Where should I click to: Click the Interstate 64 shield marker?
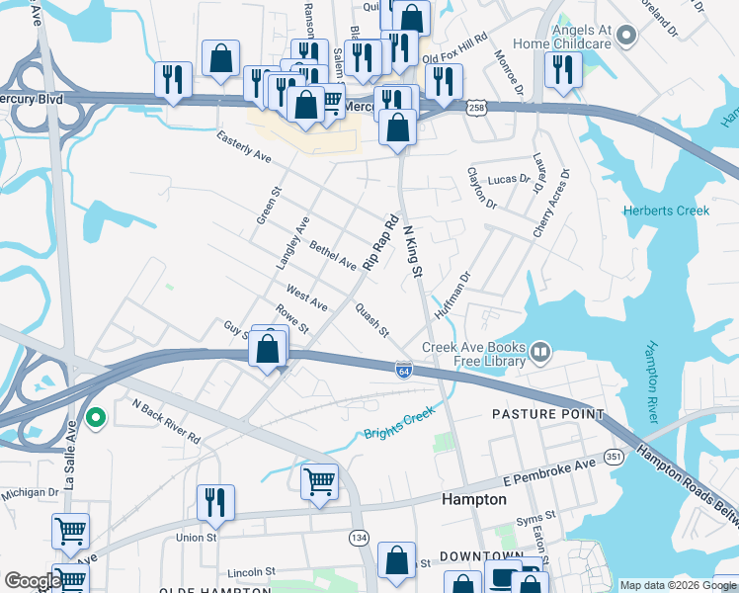tap(404, 369)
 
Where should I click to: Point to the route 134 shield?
tap(358, 536)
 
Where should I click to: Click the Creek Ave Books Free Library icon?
tap(540, 351)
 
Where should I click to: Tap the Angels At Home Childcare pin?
tap(625, 38)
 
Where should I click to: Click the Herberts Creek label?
tap(665, 211)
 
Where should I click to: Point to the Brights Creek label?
tap(399, 433)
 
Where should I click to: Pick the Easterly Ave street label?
tap(244, 149)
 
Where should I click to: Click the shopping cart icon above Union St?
tap(319, 482)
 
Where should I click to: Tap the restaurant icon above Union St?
tap(215, 503)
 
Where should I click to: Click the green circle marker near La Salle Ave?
tap(96, 419)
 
